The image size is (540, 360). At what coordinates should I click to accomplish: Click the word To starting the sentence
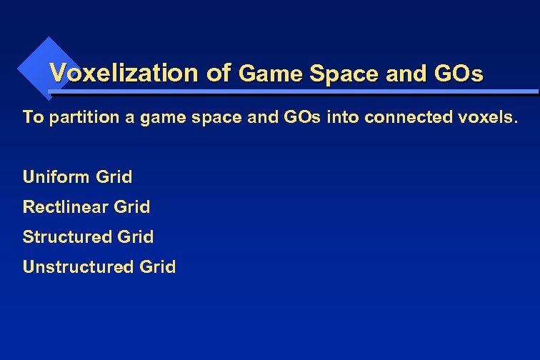pyautogui.click(x=33, y=116)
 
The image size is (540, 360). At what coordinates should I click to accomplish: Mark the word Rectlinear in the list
pyautogui.click(x=66, y=207)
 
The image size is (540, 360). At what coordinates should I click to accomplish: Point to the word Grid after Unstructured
pyautogui.click(x=157, y=267)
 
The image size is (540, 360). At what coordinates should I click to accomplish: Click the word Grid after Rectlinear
pyautogui.click(x=132, y=207)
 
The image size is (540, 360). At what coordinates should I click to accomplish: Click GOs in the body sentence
pyautogui.click(x=304, y=116)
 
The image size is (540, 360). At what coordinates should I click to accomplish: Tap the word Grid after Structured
pyautogui.click(x=135, y=236)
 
